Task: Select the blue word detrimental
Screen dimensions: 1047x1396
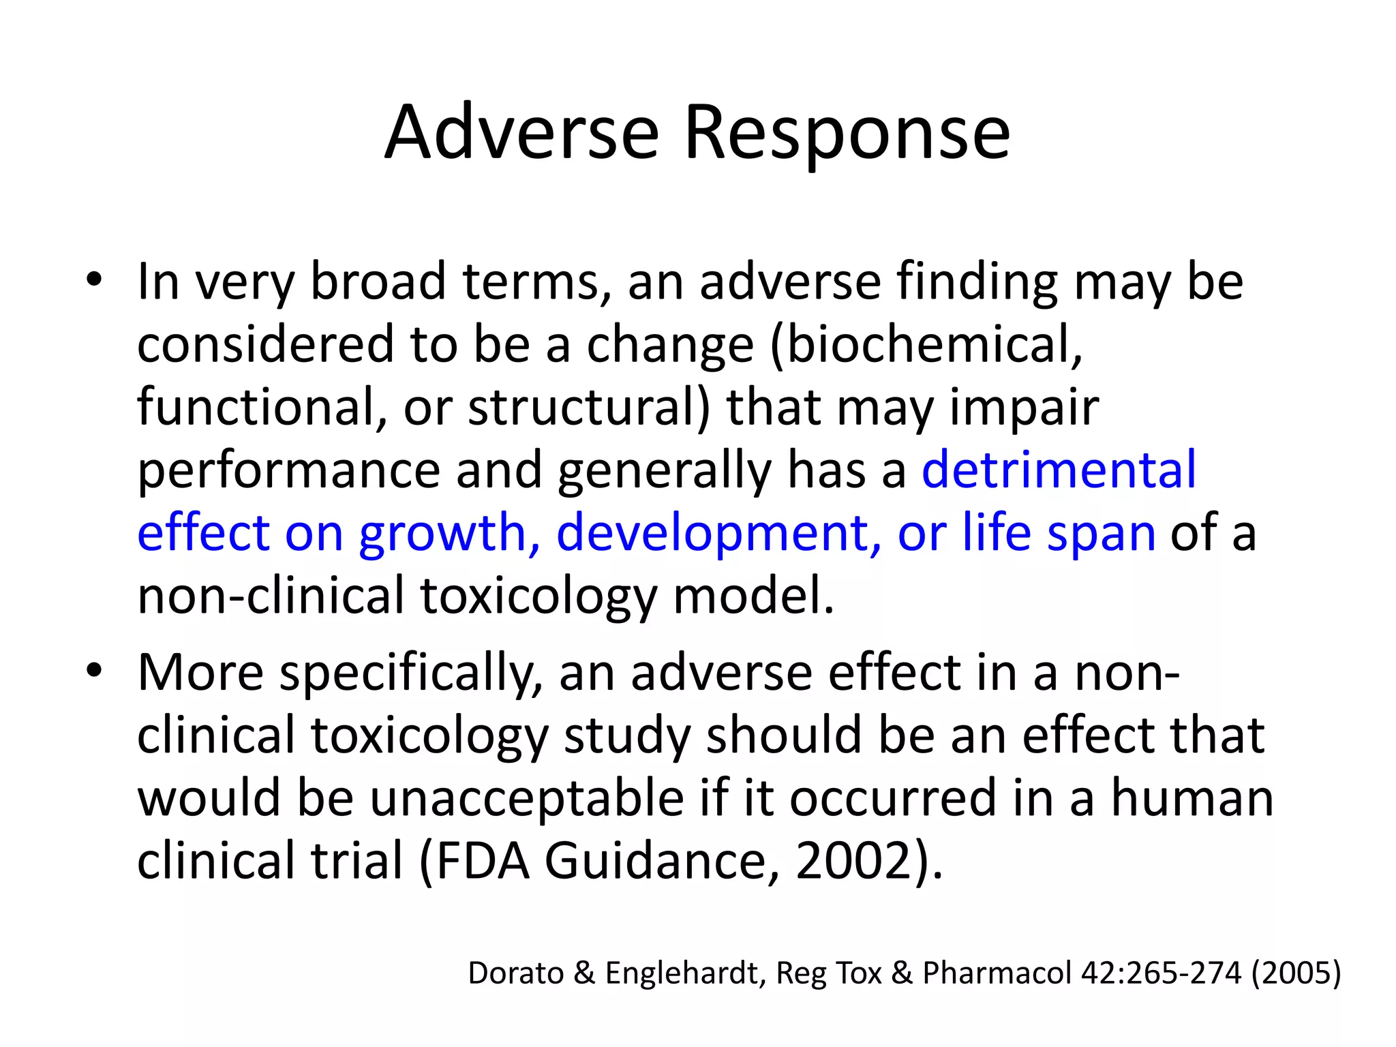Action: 1059,470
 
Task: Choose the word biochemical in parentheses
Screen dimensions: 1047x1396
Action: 931,344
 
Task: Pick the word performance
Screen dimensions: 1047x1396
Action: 289,470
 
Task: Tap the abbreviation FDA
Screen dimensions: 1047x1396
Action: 483,861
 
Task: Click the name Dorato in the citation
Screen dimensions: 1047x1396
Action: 516,973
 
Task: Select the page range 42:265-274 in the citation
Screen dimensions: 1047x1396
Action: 1161,973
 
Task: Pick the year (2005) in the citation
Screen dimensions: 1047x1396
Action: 1296,973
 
